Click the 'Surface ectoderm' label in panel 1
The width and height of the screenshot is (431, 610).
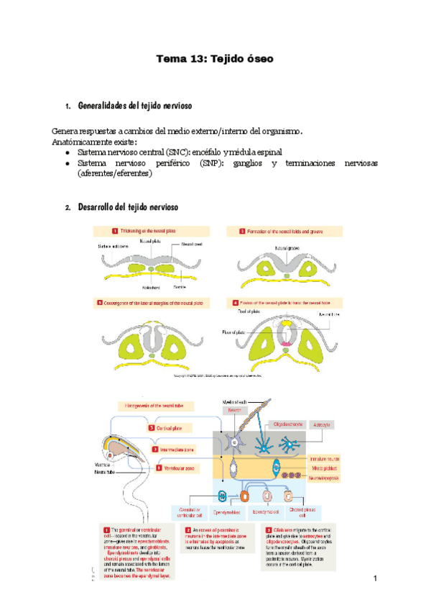click(113, 246)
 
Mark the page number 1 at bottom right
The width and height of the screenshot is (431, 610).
click(375, 579)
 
